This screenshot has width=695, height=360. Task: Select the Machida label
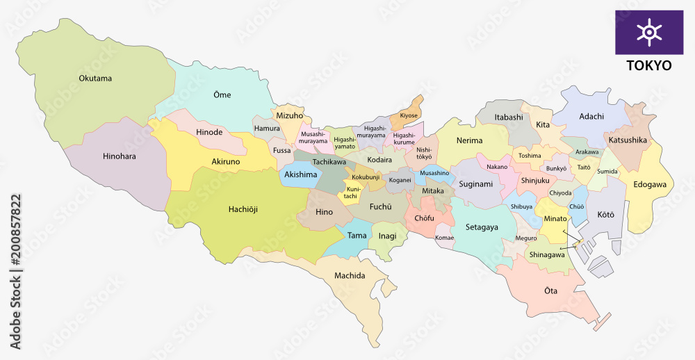pos(349,276)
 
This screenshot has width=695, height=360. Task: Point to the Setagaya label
pos(482,227)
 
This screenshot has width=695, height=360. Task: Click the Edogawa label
pos(650,185)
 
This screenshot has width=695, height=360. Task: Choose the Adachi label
pos(591,116)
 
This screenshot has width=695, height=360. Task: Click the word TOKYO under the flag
pos(649,65)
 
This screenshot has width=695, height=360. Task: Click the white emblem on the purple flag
pos(649,32)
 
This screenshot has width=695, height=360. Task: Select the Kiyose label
pos(409,115)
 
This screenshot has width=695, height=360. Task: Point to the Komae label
pos(444,238)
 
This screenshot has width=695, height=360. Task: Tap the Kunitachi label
pos(354,193)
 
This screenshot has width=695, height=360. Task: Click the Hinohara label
pos(119,156)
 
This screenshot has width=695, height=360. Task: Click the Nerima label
pos(469,140)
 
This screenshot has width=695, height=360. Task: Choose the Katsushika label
pos(628,140)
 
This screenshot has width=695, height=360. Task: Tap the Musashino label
pos(434,172)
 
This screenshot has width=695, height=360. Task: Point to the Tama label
pos(357,236)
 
